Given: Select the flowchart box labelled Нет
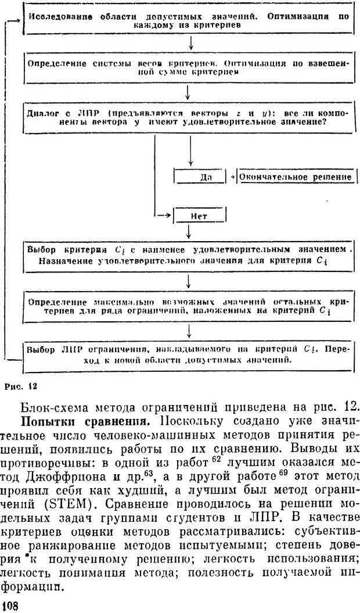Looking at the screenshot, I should click(200, 216).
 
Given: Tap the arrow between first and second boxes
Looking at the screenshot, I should click(190, 44).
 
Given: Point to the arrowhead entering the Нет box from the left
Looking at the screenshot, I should click(171, 216).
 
